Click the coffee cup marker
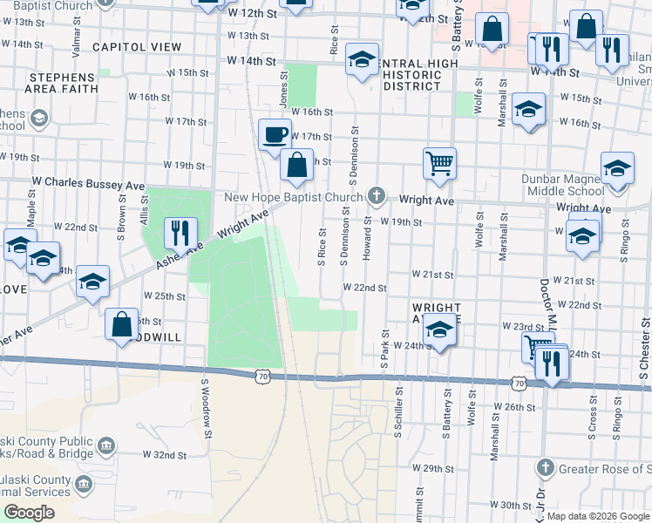tap(275, 135)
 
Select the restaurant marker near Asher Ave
tap(180, 233)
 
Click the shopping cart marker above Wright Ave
tap(440, 162)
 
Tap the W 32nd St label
tap(164, 455)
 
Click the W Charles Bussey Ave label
tap(88, 185)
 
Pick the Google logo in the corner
tap(30, 513)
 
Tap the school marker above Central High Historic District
tap(362, 58)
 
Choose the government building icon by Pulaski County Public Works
tap(105, 446)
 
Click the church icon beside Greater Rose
tap(546, 469)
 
